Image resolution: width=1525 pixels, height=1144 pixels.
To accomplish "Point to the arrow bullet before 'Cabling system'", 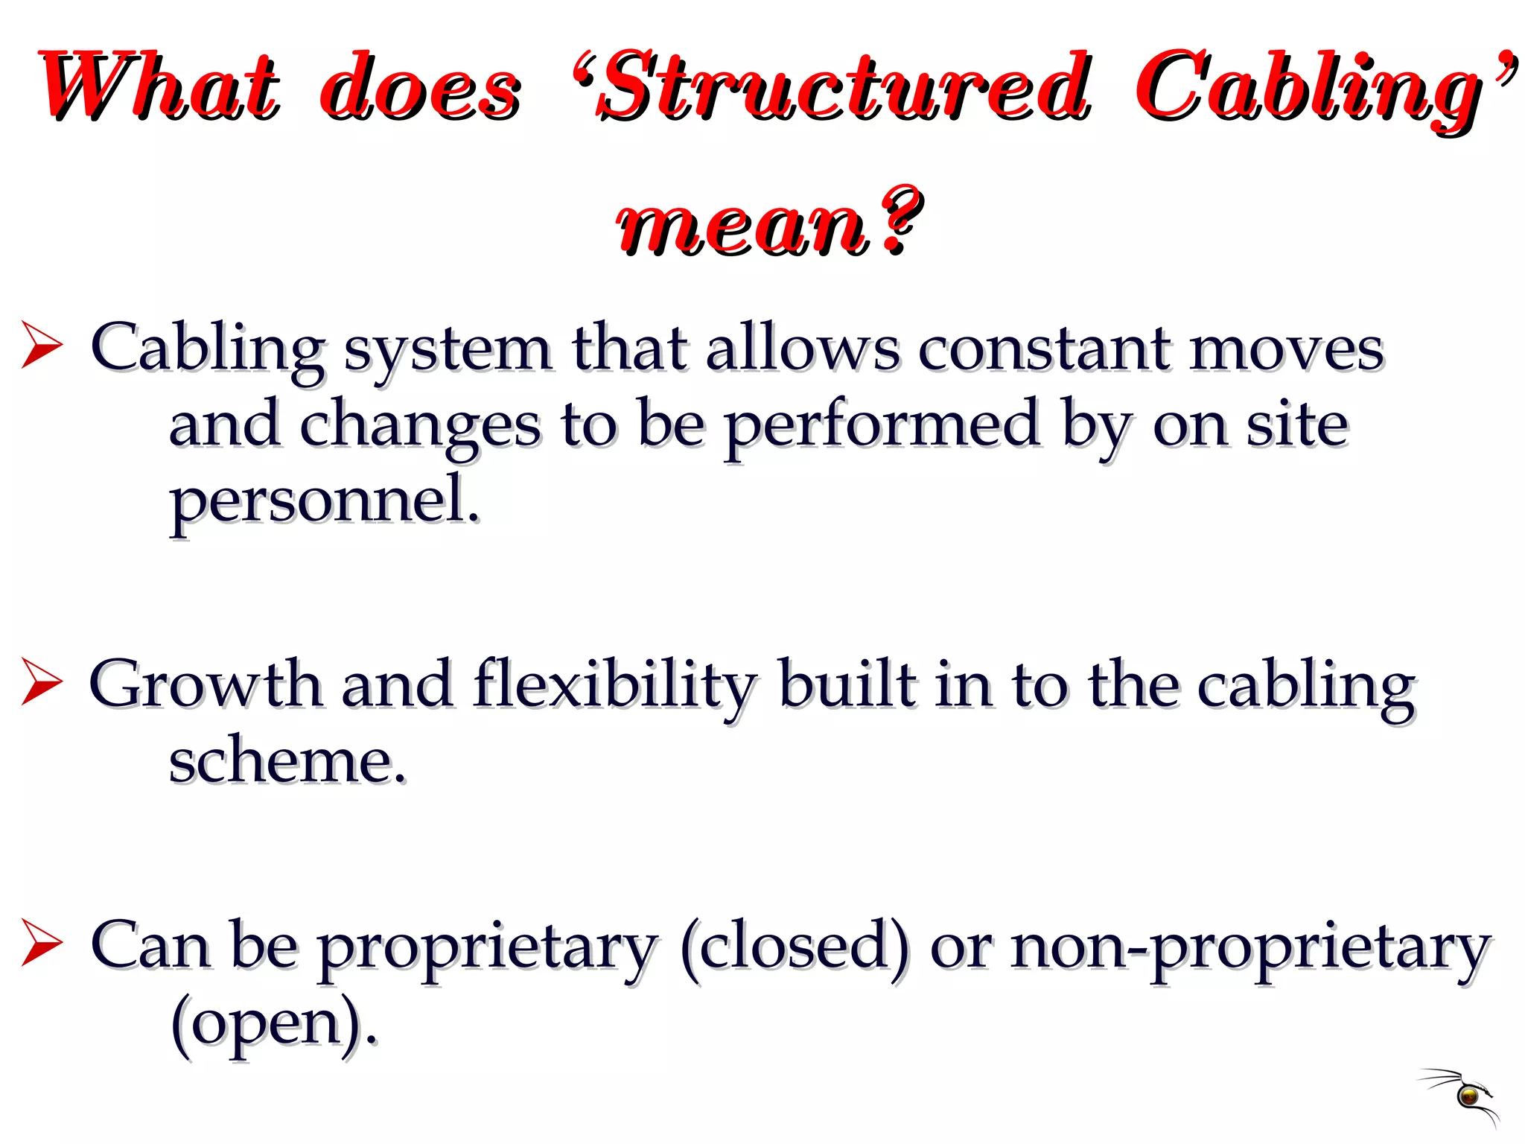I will [42, 344].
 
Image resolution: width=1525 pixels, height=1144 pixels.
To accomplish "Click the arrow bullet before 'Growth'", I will [42, 681].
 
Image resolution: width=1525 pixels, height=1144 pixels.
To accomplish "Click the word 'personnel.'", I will [325, 500].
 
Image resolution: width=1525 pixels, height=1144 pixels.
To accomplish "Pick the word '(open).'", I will [274, 1023].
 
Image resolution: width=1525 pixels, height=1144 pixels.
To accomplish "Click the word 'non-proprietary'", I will [1251, 947].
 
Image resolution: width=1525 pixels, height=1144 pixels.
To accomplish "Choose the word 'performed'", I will [882, 426].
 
